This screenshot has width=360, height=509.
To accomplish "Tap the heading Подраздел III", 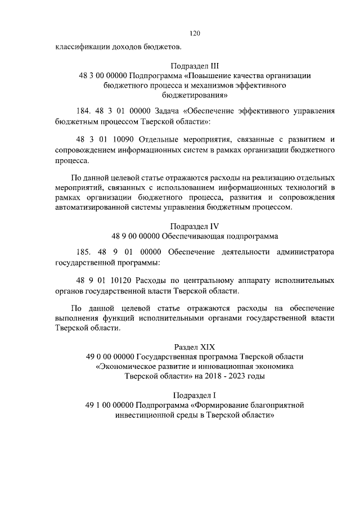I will (195, 65).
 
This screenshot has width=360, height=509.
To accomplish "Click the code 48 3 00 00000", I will (103, 75).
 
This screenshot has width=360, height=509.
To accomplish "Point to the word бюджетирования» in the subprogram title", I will (195, 95).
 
